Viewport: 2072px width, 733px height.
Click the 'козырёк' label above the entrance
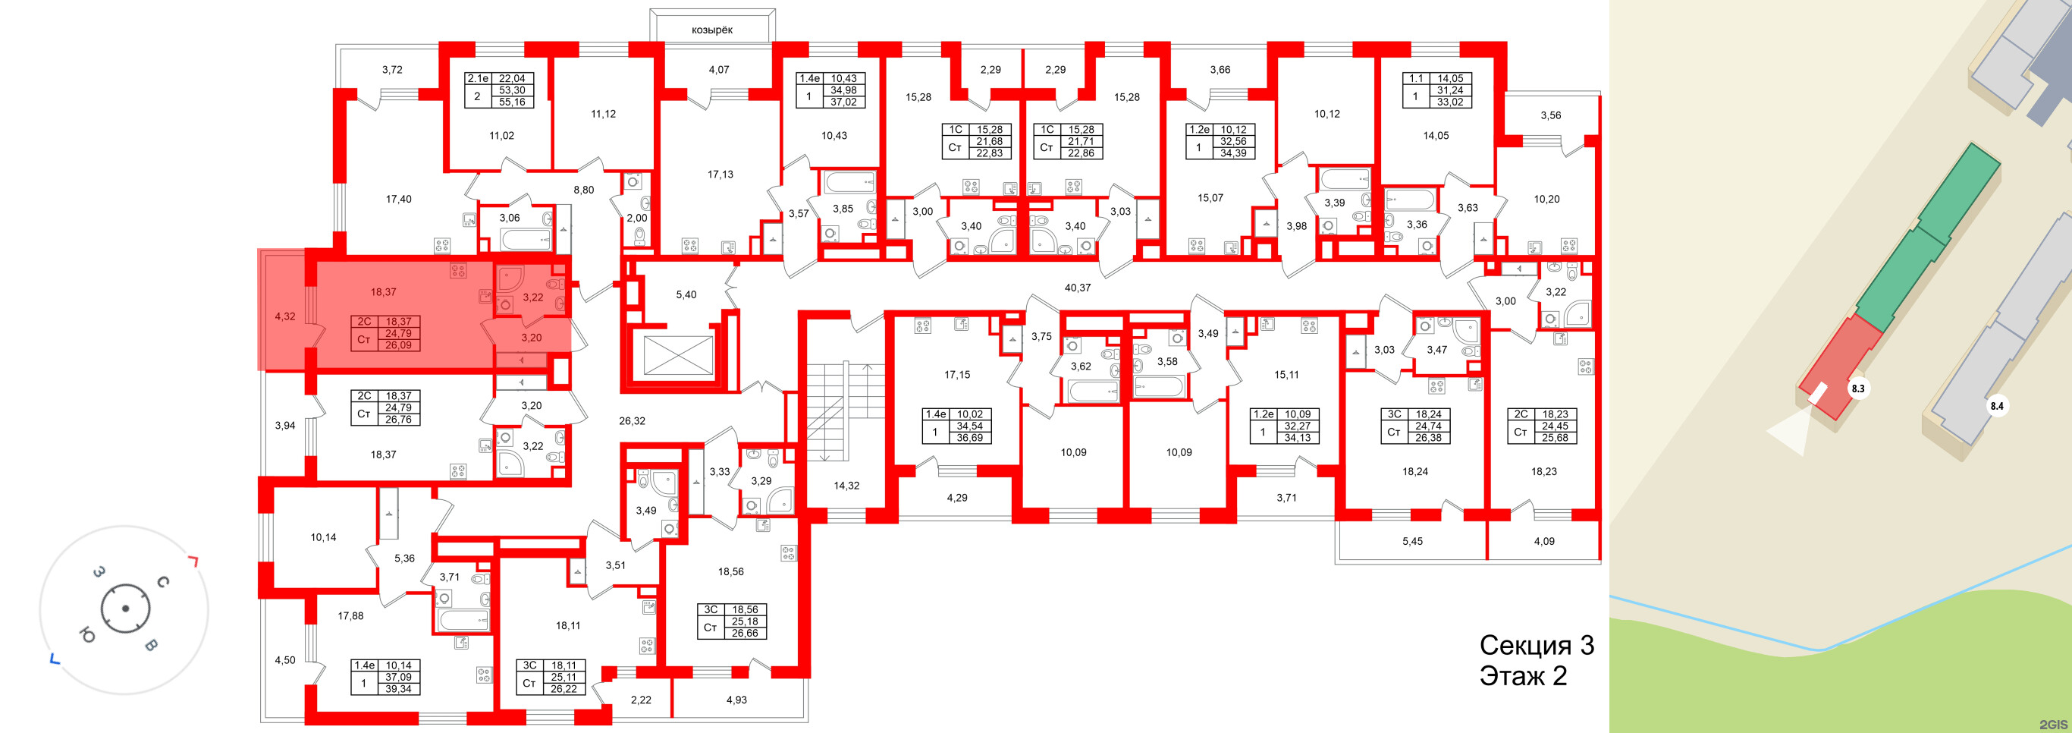[712, 30]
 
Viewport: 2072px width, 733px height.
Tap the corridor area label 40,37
[1077, 288]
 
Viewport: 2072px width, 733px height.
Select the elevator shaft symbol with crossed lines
[678, 357]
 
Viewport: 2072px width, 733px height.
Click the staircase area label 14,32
[846, 485]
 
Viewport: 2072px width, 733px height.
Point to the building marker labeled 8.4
[1996, 406]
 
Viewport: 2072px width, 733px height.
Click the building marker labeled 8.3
[1858, 389]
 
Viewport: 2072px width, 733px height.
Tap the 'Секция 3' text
[1537, 645]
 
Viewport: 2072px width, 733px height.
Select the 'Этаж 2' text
[1523, 676]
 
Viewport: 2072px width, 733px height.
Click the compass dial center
[124, 609]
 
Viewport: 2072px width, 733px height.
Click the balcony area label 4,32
[284, 316]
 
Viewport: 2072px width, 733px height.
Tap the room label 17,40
[398, 199]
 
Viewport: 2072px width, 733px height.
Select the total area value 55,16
[512, 102]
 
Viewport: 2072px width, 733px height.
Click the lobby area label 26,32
[632, 420]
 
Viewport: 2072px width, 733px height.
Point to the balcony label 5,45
[1411, 542]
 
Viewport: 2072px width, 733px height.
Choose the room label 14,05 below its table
[1435, 135]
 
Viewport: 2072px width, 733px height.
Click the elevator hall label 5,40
[686, 294]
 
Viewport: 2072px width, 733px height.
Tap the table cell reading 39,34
[398, 689]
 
